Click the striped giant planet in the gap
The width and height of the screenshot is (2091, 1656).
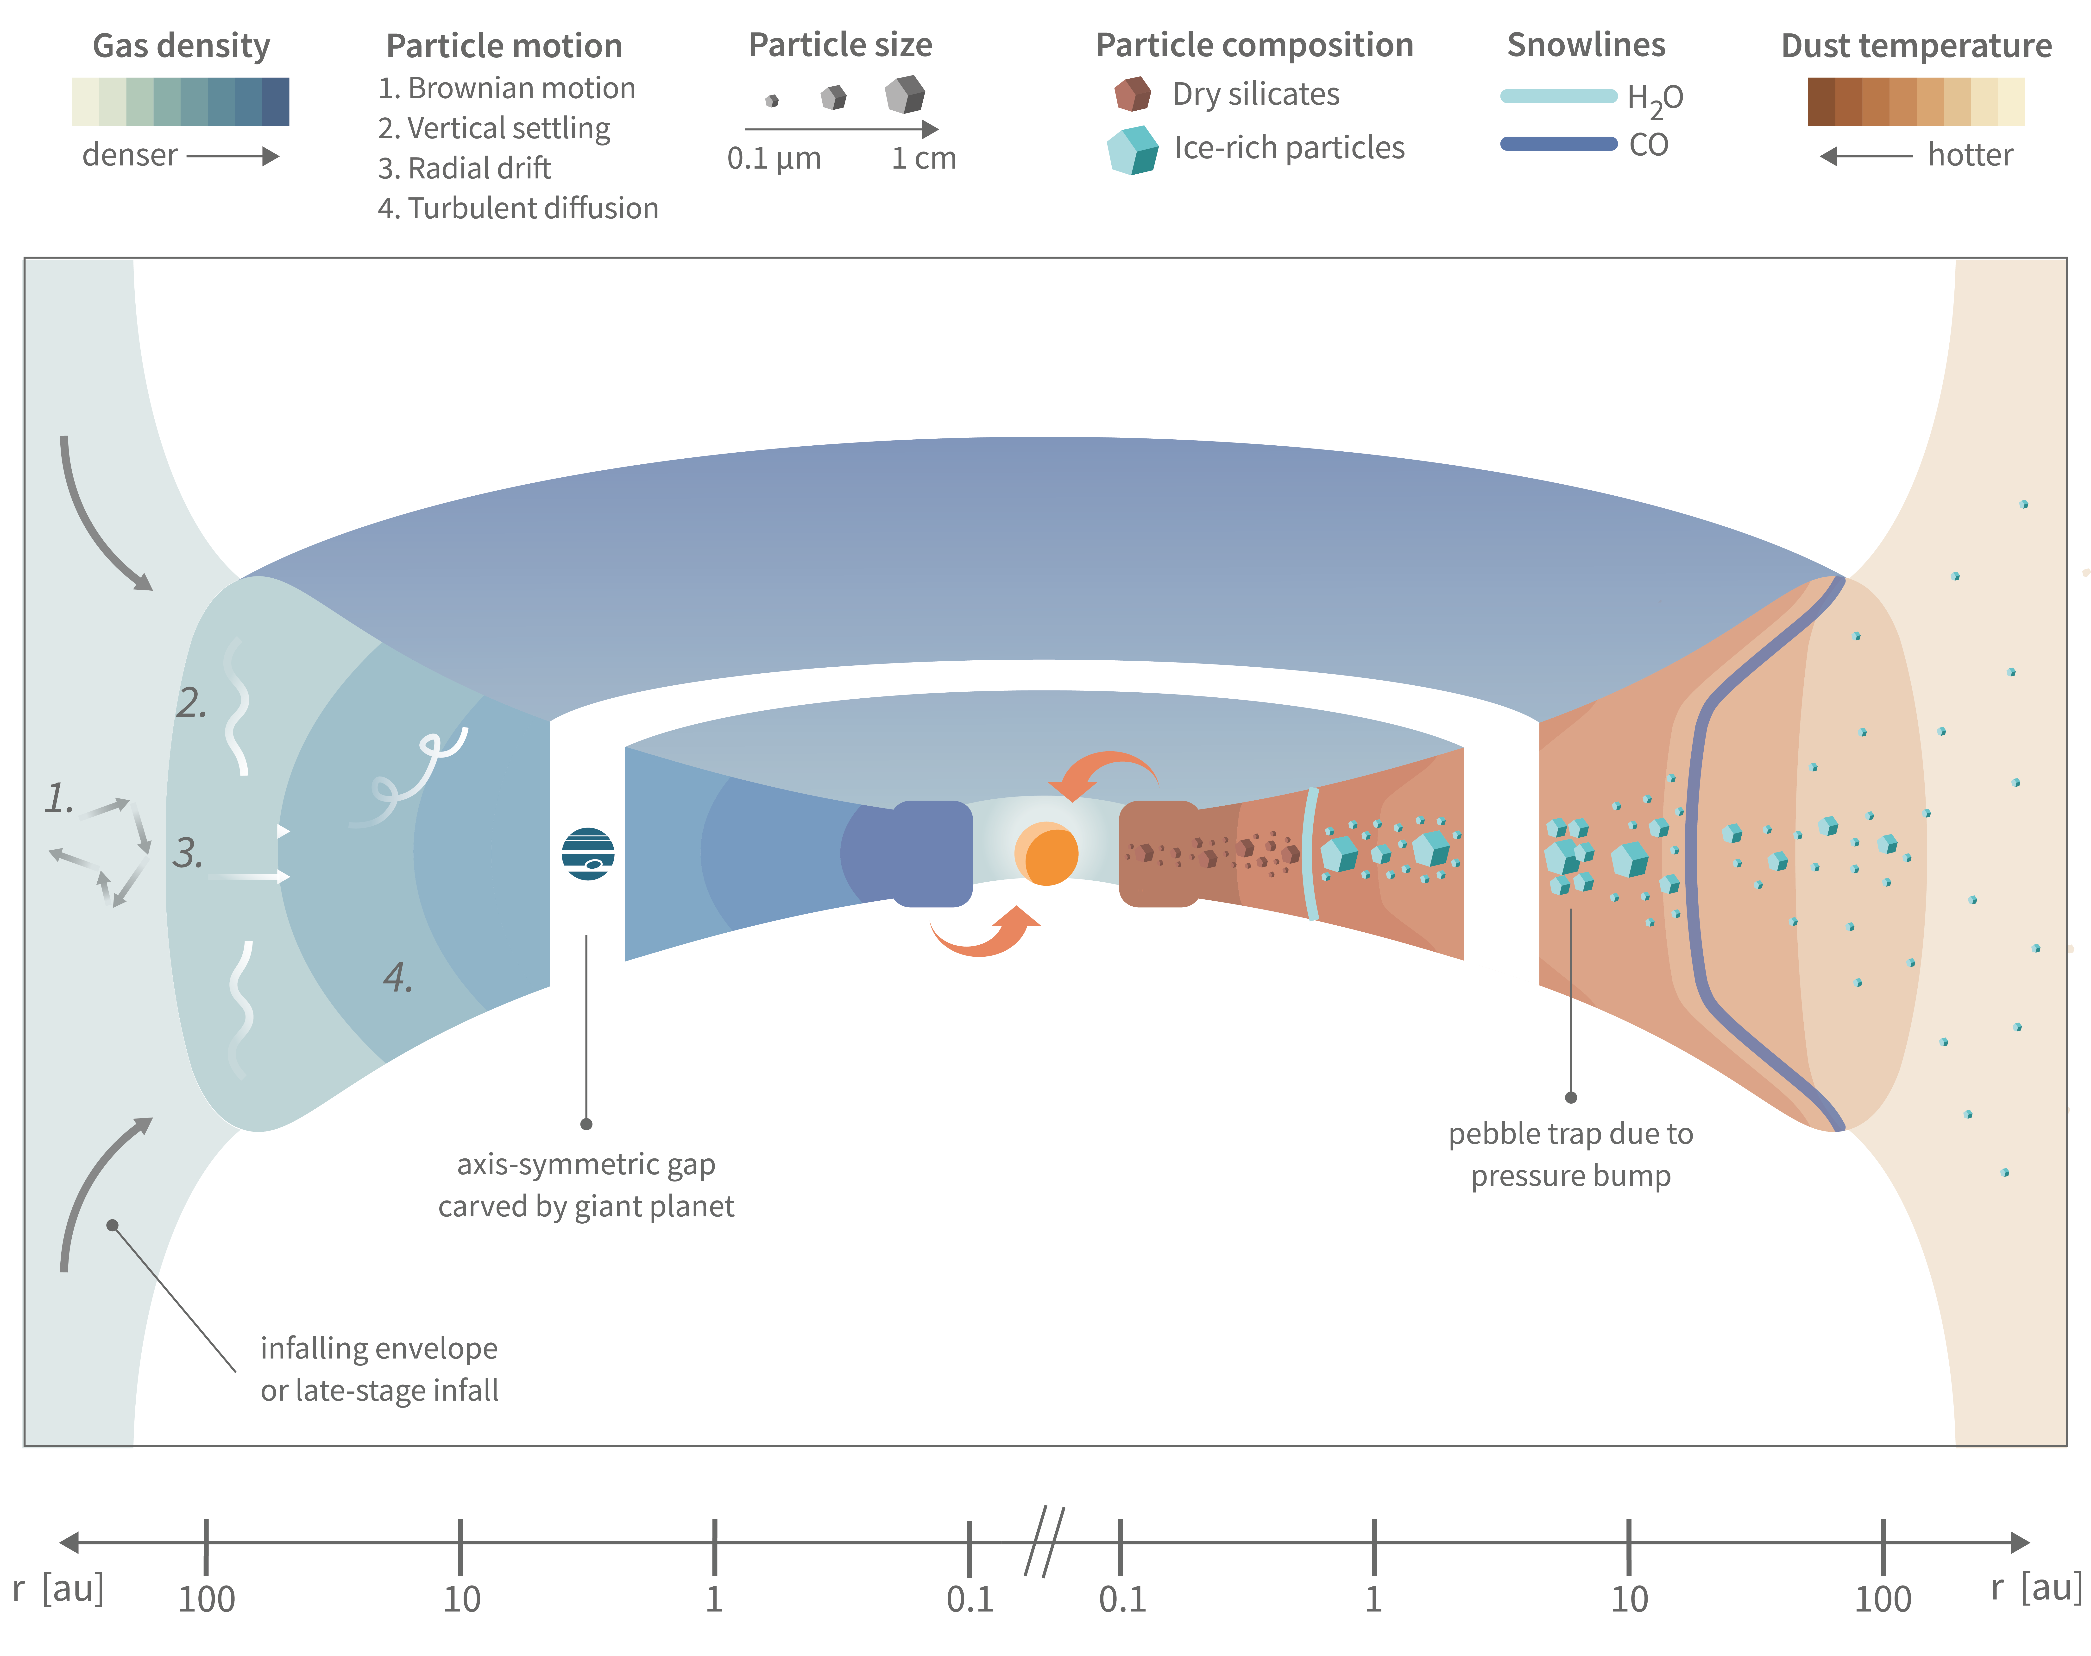pyautogui.click(x=587, y=853)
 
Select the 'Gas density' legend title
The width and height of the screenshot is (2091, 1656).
pyautogui.click(x=181, y=45)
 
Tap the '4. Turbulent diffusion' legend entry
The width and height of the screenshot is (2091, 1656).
pyautogui.click(x=518, y=209)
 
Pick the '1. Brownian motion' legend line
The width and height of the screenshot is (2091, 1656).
pyautogui.click(x=506, y=88)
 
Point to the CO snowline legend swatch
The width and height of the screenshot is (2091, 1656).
pyautogui.click(x=1558, y=144)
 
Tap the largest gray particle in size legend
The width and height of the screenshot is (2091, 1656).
pyautogui.click(x=904, y=94)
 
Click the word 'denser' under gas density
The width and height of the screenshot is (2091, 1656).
pyautogui.click(x=130, y=155)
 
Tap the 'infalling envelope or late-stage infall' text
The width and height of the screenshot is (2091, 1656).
pyautogui.click(x=379, y=1369)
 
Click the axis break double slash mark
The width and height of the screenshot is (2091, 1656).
pyautogui.click(x=1044, y=1542)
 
